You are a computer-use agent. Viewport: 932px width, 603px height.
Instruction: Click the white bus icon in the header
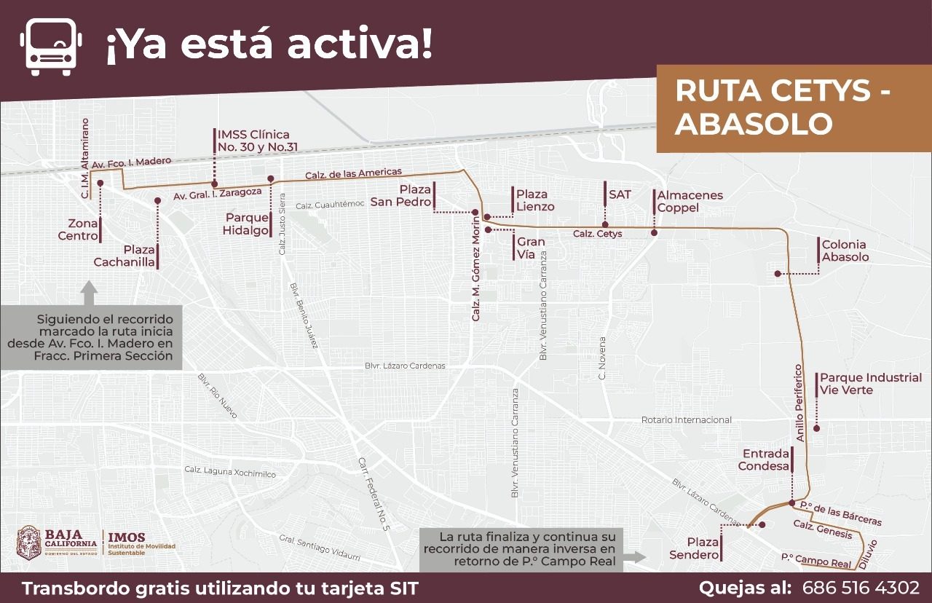(52, 45)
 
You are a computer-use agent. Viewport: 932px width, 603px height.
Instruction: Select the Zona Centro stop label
(78, 229)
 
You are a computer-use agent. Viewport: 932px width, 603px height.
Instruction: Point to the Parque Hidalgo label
(247, 224)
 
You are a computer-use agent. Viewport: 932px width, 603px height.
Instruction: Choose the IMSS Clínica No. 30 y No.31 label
(253, 141)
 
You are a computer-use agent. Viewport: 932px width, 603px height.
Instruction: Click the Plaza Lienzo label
(535, 200)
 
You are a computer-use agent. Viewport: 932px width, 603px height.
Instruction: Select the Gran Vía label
(532, 248)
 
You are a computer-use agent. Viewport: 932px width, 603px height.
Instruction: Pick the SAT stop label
(620, 194)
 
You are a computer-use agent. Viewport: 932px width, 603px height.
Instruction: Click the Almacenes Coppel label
(690, 202)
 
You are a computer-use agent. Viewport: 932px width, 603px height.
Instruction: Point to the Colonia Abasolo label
(845, 251)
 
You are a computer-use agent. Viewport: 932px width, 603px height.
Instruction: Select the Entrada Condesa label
(764, 460)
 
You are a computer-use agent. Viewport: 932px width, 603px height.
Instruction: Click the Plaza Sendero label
(694, 549)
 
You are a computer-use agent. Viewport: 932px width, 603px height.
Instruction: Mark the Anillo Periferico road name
(799, 403)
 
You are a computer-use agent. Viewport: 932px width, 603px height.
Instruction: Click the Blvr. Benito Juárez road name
(304, 315)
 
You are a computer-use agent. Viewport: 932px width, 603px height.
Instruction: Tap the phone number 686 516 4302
(861, 588)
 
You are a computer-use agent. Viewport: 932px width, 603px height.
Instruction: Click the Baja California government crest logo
(28, 543)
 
